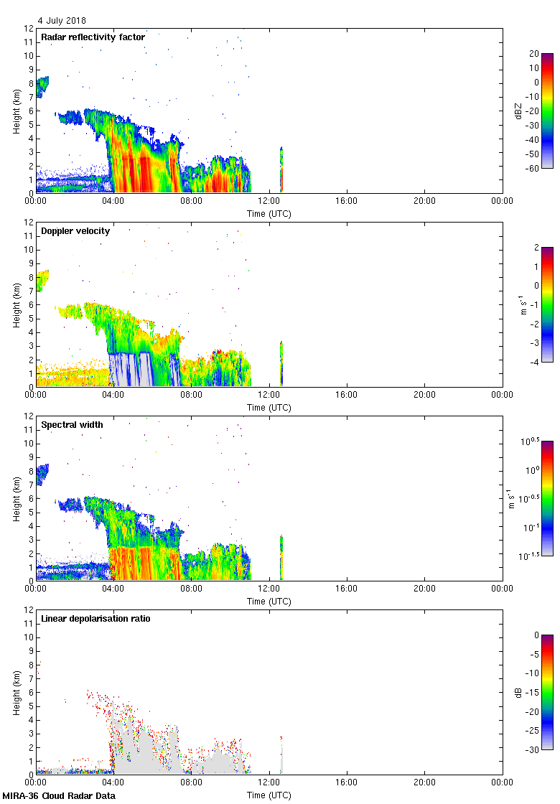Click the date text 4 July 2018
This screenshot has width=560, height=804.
(x=62, y=21)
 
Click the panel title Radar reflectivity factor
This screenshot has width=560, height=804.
(x=93, y=37)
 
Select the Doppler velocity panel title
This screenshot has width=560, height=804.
(x=75, y=231)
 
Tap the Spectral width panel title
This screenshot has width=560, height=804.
(x=72, y=425)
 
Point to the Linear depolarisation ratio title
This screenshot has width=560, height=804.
(x=95, y=619)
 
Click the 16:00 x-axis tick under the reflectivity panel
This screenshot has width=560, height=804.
(x=347, y=202)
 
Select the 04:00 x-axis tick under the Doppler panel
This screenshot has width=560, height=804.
(x=113, y=396)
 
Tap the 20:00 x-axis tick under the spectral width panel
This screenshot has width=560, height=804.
(x=424, y=589)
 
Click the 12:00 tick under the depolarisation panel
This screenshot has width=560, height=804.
(x=269, y=783)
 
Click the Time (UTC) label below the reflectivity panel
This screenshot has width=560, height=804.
(x=269, y=213)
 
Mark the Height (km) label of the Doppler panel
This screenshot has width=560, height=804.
(x=16, y=304)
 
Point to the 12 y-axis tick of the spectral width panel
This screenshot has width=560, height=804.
(x=29, y=416)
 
